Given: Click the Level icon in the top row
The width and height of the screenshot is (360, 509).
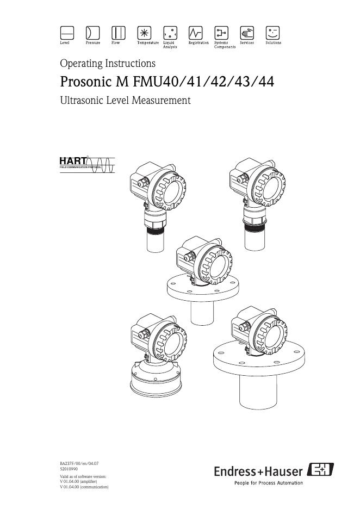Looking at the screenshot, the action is click(67, 33).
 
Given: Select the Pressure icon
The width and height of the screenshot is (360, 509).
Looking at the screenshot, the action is click(92, 33).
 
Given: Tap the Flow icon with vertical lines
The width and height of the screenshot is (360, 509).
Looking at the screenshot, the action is click(119, 33).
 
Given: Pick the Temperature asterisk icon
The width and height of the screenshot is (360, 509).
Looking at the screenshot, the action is click(144, 33).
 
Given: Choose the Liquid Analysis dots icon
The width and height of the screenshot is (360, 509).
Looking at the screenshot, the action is click(170, 33).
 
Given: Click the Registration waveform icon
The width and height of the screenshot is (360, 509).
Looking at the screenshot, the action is click(195, 33).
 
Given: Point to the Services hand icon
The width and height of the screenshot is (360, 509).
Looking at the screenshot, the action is click(247, 33).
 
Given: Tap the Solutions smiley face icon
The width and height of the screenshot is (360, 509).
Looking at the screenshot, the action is click(272, 33).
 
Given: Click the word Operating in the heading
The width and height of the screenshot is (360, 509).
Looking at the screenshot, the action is click(81, 63).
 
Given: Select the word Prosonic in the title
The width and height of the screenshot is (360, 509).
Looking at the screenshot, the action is click(86, 82).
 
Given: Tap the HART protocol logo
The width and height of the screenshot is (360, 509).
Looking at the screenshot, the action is click(87, 165).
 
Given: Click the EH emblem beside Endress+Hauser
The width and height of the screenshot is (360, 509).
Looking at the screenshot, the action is click(320, 469).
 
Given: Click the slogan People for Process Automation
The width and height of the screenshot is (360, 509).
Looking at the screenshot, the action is click(269, 483).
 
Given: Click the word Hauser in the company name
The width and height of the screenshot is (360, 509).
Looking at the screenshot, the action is click(284, 471).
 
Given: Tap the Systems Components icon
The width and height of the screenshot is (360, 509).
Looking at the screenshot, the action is click(221, 33).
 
